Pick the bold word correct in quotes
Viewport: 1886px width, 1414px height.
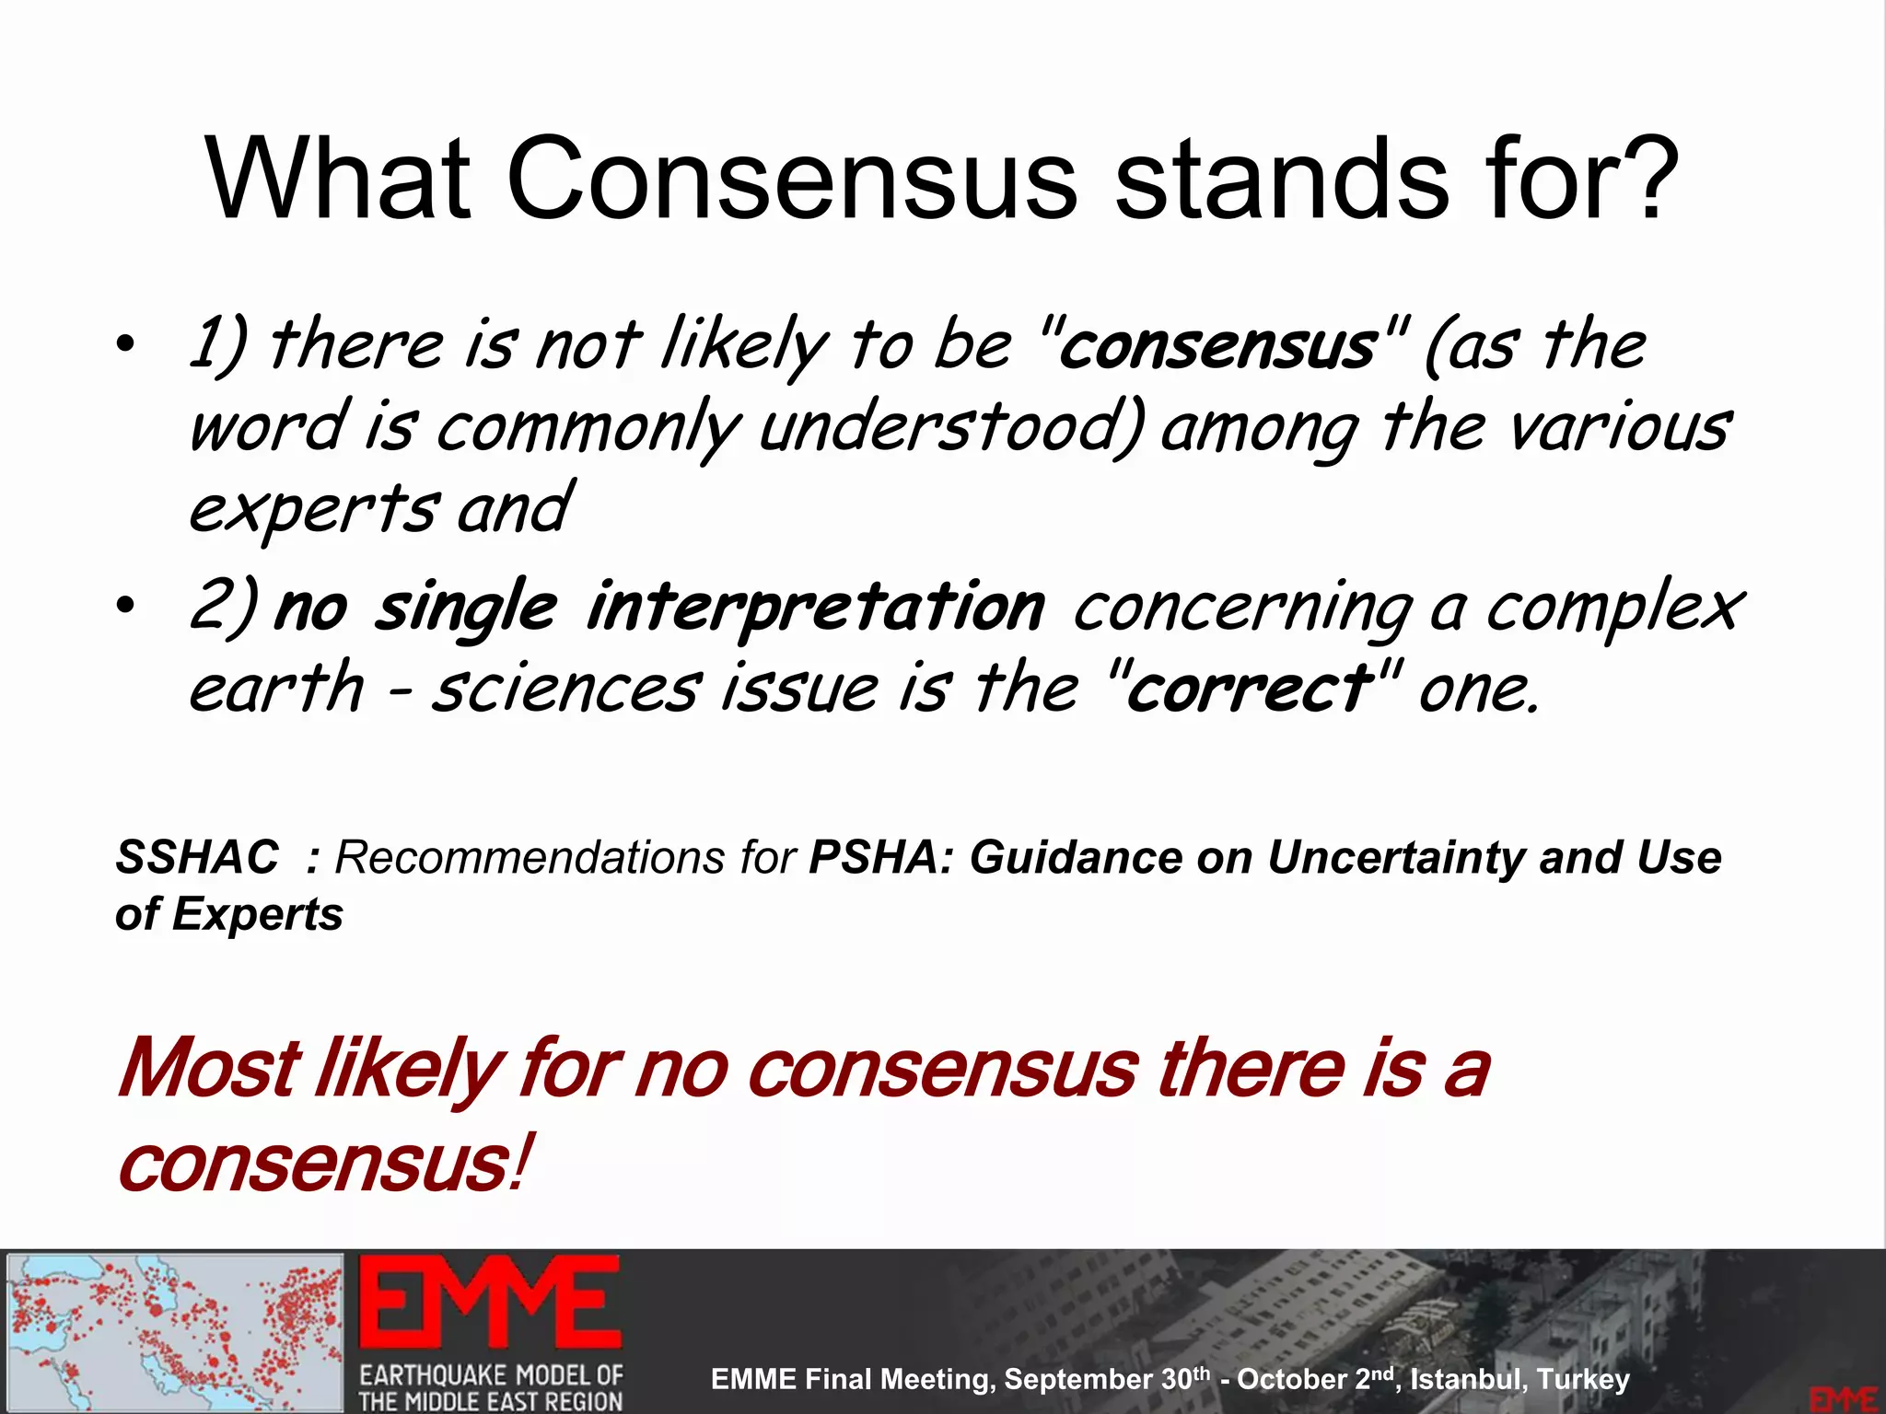1249,689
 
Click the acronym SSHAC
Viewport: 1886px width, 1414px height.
197,858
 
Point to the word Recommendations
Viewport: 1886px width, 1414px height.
530,858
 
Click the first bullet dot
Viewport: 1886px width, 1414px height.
126,346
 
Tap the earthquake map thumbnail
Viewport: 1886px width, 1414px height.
175,1331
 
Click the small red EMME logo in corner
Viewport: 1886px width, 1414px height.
1843,1397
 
